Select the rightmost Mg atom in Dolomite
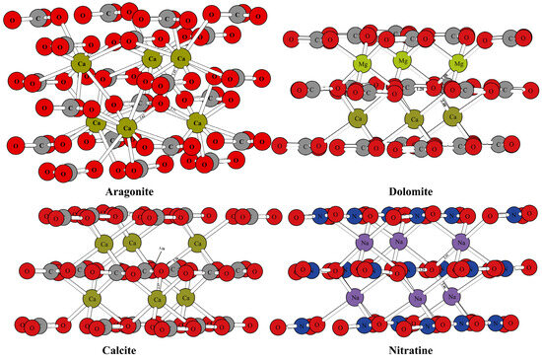click(x=456, y=64)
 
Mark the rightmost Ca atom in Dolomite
click(x=453, y=117)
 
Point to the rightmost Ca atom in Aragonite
click(x=197, y=122)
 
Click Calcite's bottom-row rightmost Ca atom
click(x=183, y=297)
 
